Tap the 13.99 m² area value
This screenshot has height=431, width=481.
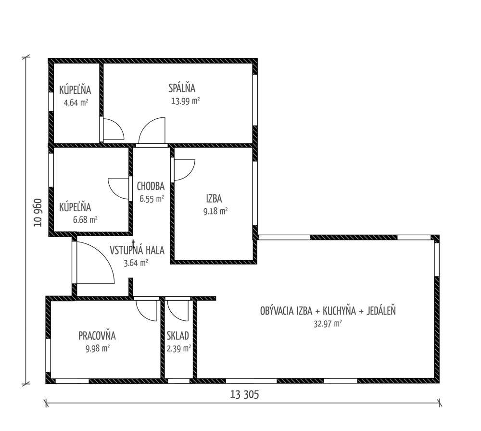pyautogui.click(x=186, y=101)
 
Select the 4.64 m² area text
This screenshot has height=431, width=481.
pyautogui.click(x=76, y=102)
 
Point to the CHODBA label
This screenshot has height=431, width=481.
pyautogui.click(x=151, y=186)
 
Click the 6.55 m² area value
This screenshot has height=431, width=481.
pyautogui.click(x=152, y=199)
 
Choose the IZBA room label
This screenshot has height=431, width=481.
pyautogui.click(x=214, y=199)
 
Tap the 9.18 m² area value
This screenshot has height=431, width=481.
pyautogui.click(x=215, y=211)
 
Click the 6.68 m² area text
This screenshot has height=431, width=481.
pyautogui.click(x=85, y=220)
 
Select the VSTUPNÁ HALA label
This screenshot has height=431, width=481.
pyautogui.click(x=137, y=250)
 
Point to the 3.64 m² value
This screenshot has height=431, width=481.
pyautogui.click(x=136, y=263)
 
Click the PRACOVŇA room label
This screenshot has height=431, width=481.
pyautogui.click(x=97, y=336)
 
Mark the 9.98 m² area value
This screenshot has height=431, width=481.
pyautogui.click(x=98, y=348)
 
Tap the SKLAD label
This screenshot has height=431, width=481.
pyautogui.click(x=178, y=336)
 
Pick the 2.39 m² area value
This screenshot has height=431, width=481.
pyautogui.click(x=179, y=348)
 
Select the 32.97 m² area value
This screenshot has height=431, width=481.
pyautogui.click(x=328, y=324)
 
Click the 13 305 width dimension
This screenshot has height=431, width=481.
pyautogui.click(x=244, y=394)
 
